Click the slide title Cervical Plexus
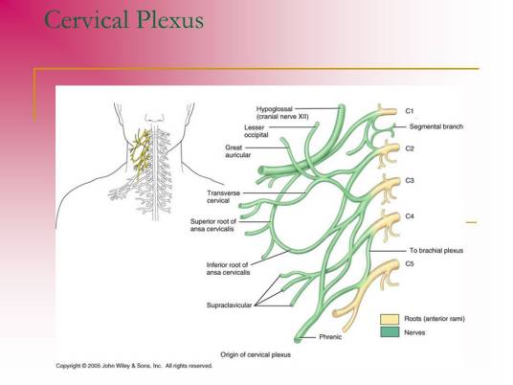tap(124, 20)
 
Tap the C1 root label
tap(410, 111)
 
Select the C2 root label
tap(410, 148)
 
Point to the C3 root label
tap(410, 180)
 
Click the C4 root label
tap(410, 216)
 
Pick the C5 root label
tap(410, 263)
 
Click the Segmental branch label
tap(436, 126)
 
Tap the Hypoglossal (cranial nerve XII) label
tap(282, 113)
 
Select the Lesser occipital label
tap(256, 131)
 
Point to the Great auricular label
tap(238, 151)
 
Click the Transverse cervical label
tap(223, 196)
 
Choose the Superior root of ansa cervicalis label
tap(213, 225)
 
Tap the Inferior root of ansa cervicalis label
tap(228, 268)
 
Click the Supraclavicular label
tap(229, 306)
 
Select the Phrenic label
tap(330, 336)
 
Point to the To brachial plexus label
tap(436, 251)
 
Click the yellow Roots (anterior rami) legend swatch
tap(390, 319)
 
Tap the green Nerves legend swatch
tap(390, 332)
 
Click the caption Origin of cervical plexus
tap(256, 354)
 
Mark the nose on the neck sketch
tap(155, 118)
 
